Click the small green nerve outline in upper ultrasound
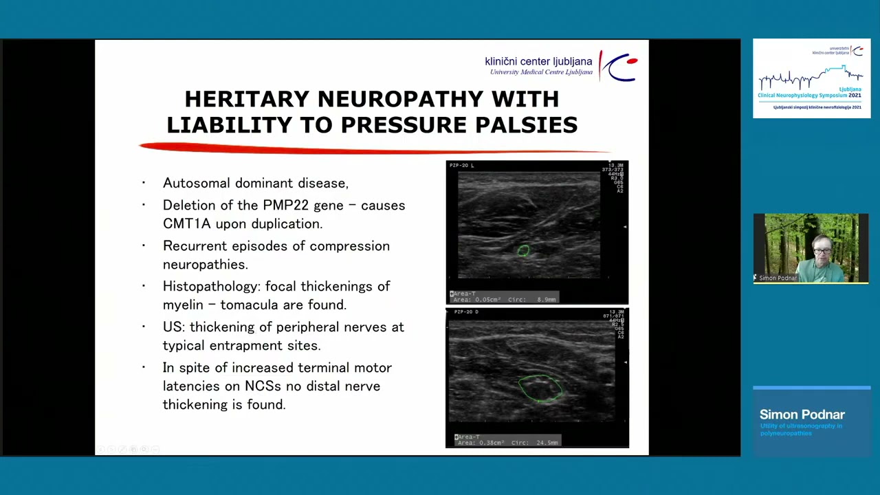[x=523, y=251]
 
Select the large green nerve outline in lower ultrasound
[x=540, y=388]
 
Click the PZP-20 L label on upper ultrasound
[x=461, y=166]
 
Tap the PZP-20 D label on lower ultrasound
[x=466, y=312]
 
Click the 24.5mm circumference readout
[x=547, y=443]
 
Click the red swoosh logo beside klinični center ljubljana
[x=619, y=66]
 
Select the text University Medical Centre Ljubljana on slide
[x=541, y=72]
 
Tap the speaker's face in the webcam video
[x=822, y=249]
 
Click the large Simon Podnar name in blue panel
[x=802, y=415]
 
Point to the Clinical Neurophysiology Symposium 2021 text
[x=809, y=96]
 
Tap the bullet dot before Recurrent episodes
[x=144, y=245]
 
